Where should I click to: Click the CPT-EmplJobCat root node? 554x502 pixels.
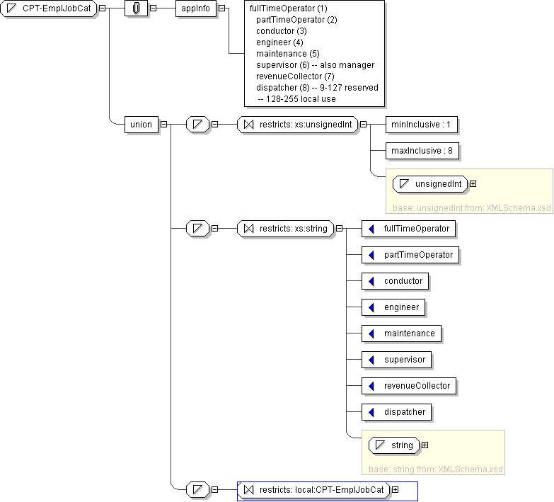[48, 8]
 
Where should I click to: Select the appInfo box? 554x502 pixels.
[196, 8]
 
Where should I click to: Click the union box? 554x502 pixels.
[142, 125]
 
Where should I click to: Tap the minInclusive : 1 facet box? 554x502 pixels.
[422, 125]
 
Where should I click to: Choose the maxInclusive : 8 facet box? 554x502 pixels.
[422, 151]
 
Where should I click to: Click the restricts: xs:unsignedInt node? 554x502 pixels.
[297, 125]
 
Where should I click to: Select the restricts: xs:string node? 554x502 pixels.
[285, 229]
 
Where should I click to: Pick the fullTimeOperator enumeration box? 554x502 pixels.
[408, 229]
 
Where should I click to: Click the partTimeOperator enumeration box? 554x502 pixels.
[410, 254]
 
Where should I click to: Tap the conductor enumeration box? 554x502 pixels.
[395, 280]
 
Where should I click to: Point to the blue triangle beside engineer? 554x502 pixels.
[371, 307]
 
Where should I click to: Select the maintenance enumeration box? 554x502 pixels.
[401, 333]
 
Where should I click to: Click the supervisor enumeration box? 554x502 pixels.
[396, 359]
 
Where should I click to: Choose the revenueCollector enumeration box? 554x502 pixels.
[409, 385]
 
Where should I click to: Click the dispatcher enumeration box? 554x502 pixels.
[396, 412]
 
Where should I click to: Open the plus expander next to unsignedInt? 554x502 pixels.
[473, 184]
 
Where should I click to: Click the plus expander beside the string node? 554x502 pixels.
[425, 445]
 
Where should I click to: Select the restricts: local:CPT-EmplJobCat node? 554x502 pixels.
[313, 490]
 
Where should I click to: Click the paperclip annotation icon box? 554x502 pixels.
[136, 8]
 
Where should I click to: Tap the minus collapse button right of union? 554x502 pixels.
[164, 125]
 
